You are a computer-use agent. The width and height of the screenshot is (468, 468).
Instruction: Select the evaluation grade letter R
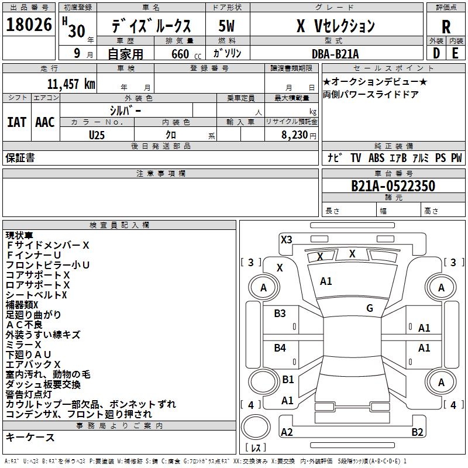point(446,27)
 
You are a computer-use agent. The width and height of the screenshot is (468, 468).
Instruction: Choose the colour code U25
point(97,135)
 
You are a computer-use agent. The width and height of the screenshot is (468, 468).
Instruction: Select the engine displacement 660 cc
point(180,54)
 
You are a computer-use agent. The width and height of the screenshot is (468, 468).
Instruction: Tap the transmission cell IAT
point(16,122)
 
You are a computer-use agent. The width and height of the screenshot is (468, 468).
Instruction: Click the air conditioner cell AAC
point(45,122)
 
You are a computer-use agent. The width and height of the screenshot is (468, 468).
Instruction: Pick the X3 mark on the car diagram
point(286,239)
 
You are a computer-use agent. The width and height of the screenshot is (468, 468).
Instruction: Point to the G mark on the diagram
point(370,308)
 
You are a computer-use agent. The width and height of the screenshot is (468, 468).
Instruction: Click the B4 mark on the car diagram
point(280,348)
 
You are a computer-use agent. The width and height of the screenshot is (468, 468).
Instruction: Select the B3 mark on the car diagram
point(280,313)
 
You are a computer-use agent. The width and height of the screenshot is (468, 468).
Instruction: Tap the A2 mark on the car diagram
point(287,432)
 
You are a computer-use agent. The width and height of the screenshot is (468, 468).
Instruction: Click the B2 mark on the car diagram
point(417,432)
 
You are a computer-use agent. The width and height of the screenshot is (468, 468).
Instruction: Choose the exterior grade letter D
point(436,53)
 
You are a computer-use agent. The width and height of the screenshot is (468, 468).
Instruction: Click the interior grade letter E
point(455,53)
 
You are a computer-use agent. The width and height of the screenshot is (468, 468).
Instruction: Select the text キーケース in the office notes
point(30,438)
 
